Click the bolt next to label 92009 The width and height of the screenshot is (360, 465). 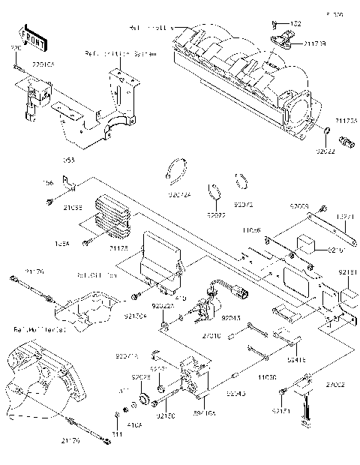click(321, 207)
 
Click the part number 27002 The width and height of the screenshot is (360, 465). click(336, 384)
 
